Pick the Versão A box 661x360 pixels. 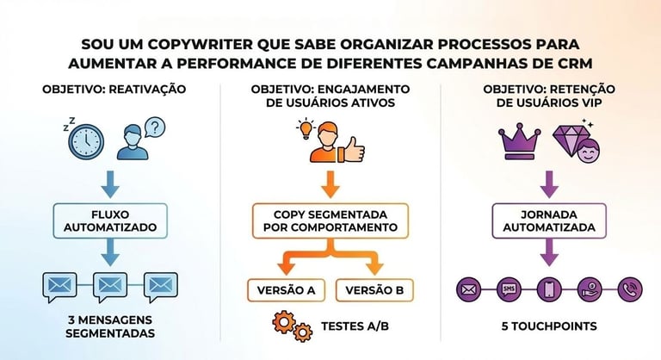(286, 289)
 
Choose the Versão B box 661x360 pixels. (374, 289)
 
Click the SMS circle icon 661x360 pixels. (509, 288)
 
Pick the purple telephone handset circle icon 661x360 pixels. (629, 288)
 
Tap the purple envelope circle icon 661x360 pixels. (468, 288)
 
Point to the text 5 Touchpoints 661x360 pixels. (548, 327)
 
